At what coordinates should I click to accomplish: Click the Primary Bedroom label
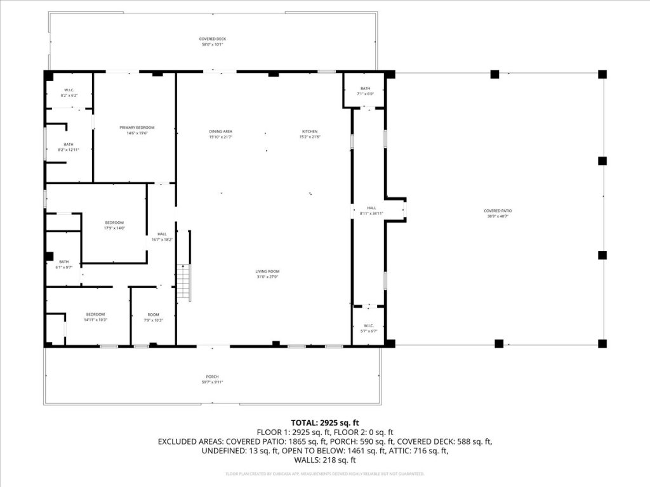tap(137, 130)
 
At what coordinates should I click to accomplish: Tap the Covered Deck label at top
tap(213, 42)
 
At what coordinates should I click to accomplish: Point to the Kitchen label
tap(310, 134)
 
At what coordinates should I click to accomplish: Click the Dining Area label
tap(221, 134)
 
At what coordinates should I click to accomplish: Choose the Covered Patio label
tap(498, 213)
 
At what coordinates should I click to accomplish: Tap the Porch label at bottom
tap(212, 379)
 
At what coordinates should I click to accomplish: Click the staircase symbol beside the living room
tap(183, 282)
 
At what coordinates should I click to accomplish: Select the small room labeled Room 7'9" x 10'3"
tap(154, 317)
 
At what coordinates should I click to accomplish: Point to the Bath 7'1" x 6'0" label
tap(365, 91)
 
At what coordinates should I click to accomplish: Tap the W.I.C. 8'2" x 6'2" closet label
tap(69, 93)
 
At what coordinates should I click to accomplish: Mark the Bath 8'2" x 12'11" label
tap(69, 147)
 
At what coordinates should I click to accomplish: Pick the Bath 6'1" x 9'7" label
tap(64, 264)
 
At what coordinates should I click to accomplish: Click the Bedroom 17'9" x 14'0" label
tap(114, 225)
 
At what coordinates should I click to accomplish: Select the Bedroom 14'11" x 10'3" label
tap(96, 317)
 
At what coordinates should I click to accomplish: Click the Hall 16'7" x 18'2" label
tap(162, 237)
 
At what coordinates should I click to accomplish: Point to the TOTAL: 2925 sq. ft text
tap(325, 422)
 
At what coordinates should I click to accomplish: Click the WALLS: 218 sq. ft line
tap(325, 460)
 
